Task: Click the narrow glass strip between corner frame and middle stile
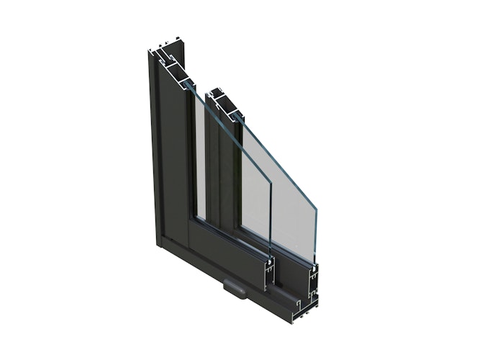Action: pyautogui.click(x=200, y=158)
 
